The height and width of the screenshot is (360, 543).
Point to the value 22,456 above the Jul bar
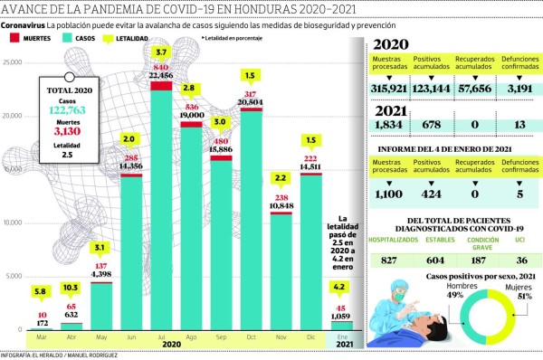pyautogui.click(x=162, y=76)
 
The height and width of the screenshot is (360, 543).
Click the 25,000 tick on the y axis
pyautogui.click(x=12, y=62)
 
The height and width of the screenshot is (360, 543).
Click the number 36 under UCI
pyautogui.click(x=519, y=260)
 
